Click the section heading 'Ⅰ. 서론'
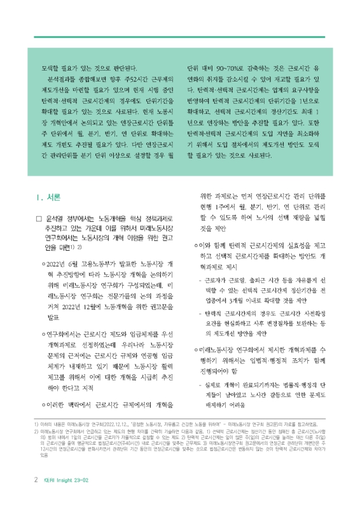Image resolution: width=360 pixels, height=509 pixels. (x=49, y=197)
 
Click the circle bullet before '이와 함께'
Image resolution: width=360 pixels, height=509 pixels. (x=197, y=246)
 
